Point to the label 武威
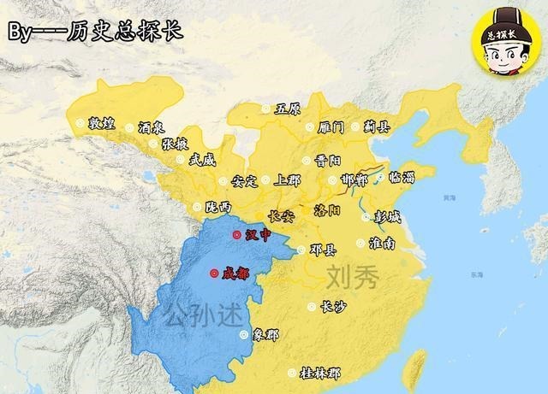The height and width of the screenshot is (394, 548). [202, 159]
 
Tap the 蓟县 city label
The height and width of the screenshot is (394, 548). [377, 126]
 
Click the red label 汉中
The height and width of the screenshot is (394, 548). [257, 235]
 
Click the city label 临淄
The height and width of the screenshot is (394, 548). [401, 178]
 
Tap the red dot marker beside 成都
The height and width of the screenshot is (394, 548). [212, 273]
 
